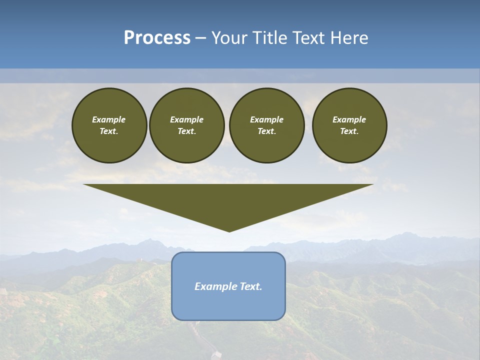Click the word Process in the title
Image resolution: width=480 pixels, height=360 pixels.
tap(157, 38)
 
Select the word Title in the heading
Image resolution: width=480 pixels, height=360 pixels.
tap(271, 38)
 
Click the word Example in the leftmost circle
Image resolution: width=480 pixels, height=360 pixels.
tap(109, 119)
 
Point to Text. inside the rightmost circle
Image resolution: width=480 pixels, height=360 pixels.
tap(349, 131)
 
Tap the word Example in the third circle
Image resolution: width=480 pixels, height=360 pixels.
tap(266, 119)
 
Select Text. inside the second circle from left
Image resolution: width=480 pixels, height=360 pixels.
tap(186, 131)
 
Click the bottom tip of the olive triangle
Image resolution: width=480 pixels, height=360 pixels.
tap(229, 231)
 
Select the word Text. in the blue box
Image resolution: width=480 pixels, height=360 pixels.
tap(250, 286)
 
